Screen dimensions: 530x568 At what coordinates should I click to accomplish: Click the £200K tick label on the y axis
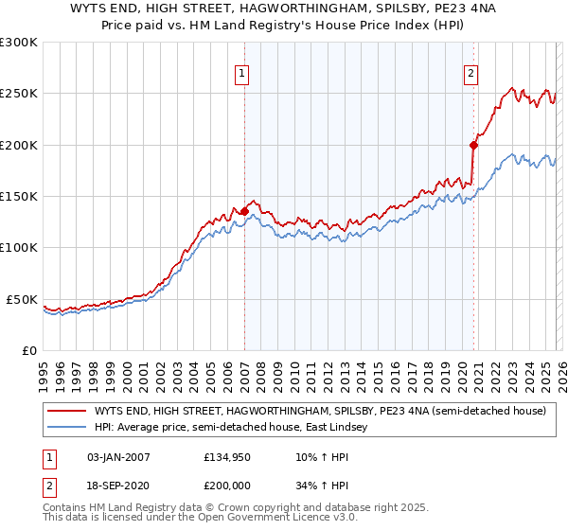19,145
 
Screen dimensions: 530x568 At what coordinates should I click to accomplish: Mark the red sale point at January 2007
244,212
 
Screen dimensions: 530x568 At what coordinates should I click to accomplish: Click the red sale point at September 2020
473,145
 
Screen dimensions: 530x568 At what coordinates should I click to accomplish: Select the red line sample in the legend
66,412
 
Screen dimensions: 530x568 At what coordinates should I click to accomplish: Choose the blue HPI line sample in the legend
66,428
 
